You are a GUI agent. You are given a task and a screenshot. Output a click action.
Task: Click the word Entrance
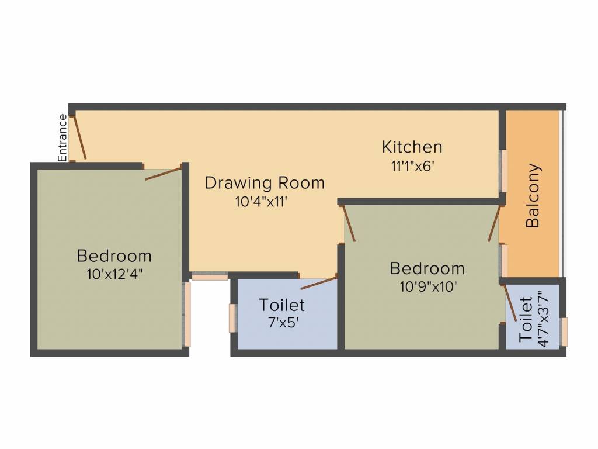(x=62, y=137)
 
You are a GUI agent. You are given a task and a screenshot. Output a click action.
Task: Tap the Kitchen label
(x=412, y=146)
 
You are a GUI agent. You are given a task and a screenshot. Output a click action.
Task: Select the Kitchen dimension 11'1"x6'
(x=413, y=165)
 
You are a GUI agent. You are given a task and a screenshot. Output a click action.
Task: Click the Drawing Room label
(x=265, y=183)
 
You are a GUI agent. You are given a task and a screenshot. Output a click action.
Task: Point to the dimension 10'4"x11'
(x=262, y=202)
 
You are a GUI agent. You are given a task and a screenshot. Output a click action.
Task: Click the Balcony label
(x=533, y=195)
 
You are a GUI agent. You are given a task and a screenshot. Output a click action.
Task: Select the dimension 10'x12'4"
(x=114, y=274)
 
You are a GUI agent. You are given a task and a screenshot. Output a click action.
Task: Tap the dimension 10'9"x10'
(x=427, y=286)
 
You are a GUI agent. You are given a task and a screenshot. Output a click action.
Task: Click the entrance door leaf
(x=79, y=138)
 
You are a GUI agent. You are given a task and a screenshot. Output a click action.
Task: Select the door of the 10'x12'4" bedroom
(x=163, y=172)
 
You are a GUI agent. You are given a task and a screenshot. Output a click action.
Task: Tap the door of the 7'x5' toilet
(x=318, y=282)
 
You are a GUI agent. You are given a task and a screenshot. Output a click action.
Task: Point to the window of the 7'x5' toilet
(x=232, y=318)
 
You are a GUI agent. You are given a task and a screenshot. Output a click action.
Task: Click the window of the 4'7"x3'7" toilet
(x=564, y=331)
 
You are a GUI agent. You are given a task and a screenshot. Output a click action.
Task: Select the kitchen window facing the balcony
(x=503, y=171)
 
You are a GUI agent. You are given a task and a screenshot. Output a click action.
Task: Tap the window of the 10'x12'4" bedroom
(x=187, y=314)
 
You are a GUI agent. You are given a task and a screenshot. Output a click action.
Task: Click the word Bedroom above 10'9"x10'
(x=427, y=269)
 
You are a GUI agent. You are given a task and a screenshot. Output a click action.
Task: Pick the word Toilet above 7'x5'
(x=282, y=305)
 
